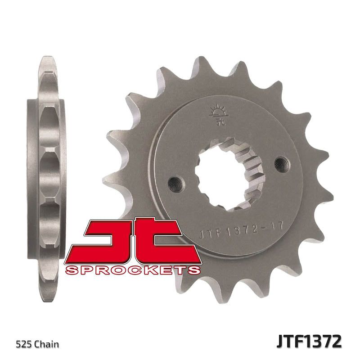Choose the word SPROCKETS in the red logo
(x=132, y=270)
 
